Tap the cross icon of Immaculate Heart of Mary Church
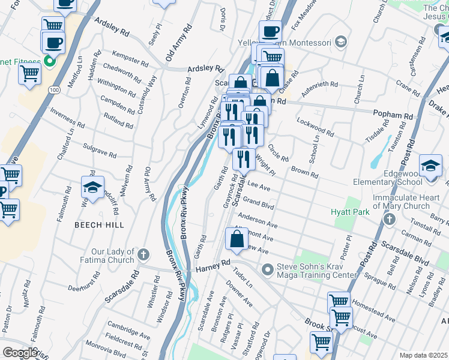(389, 218)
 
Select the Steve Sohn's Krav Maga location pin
(268, 268)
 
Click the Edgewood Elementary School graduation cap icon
(430, 165)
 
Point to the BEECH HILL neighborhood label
(99, 224)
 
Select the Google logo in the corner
(20, 353)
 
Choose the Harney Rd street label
(213, 266)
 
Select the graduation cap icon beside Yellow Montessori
(341, 42)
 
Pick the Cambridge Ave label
(128, 330)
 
